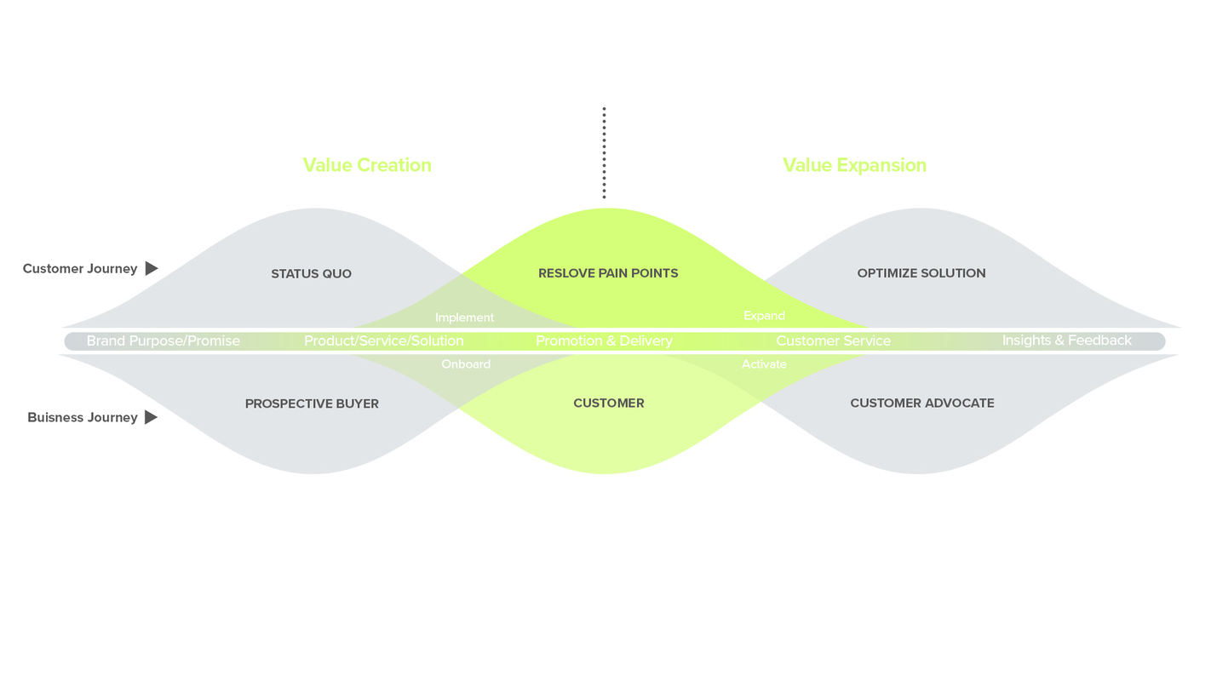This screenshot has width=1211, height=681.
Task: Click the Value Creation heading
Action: point(367,165)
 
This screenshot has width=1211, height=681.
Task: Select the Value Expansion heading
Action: point(854,165)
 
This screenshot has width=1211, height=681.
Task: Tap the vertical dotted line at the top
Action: point(604,153)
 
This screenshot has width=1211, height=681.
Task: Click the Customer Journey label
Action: point(80,269)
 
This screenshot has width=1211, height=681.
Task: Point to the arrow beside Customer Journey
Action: point(152,269)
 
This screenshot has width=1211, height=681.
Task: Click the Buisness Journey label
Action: point(83,418)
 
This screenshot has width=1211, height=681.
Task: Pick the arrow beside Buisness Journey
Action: point(152,418)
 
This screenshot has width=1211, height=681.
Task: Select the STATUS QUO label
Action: point(311,274)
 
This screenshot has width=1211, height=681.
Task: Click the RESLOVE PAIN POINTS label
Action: point(608,273)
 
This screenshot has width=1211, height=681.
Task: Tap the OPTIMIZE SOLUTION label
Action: point(921,273)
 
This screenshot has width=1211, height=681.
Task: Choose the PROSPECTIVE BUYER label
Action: point(312,404)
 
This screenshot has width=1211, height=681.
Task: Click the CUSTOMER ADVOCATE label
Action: point(922,403)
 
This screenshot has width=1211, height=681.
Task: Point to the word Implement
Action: point(464,318)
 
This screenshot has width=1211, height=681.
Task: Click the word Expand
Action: point(764,316)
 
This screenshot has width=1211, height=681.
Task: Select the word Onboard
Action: point(466,364)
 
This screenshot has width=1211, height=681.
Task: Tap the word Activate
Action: point(764,364)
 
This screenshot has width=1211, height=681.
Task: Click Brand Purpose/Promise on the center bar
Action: point(164,341)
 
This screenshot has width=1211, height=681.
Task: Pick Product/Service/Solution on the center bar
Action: point(384,341)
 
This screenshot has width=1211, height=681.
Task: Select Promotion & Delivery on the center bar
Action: point(604,341)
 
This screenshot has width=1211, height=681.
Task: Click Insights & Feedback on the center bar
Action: point(1066,340)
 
